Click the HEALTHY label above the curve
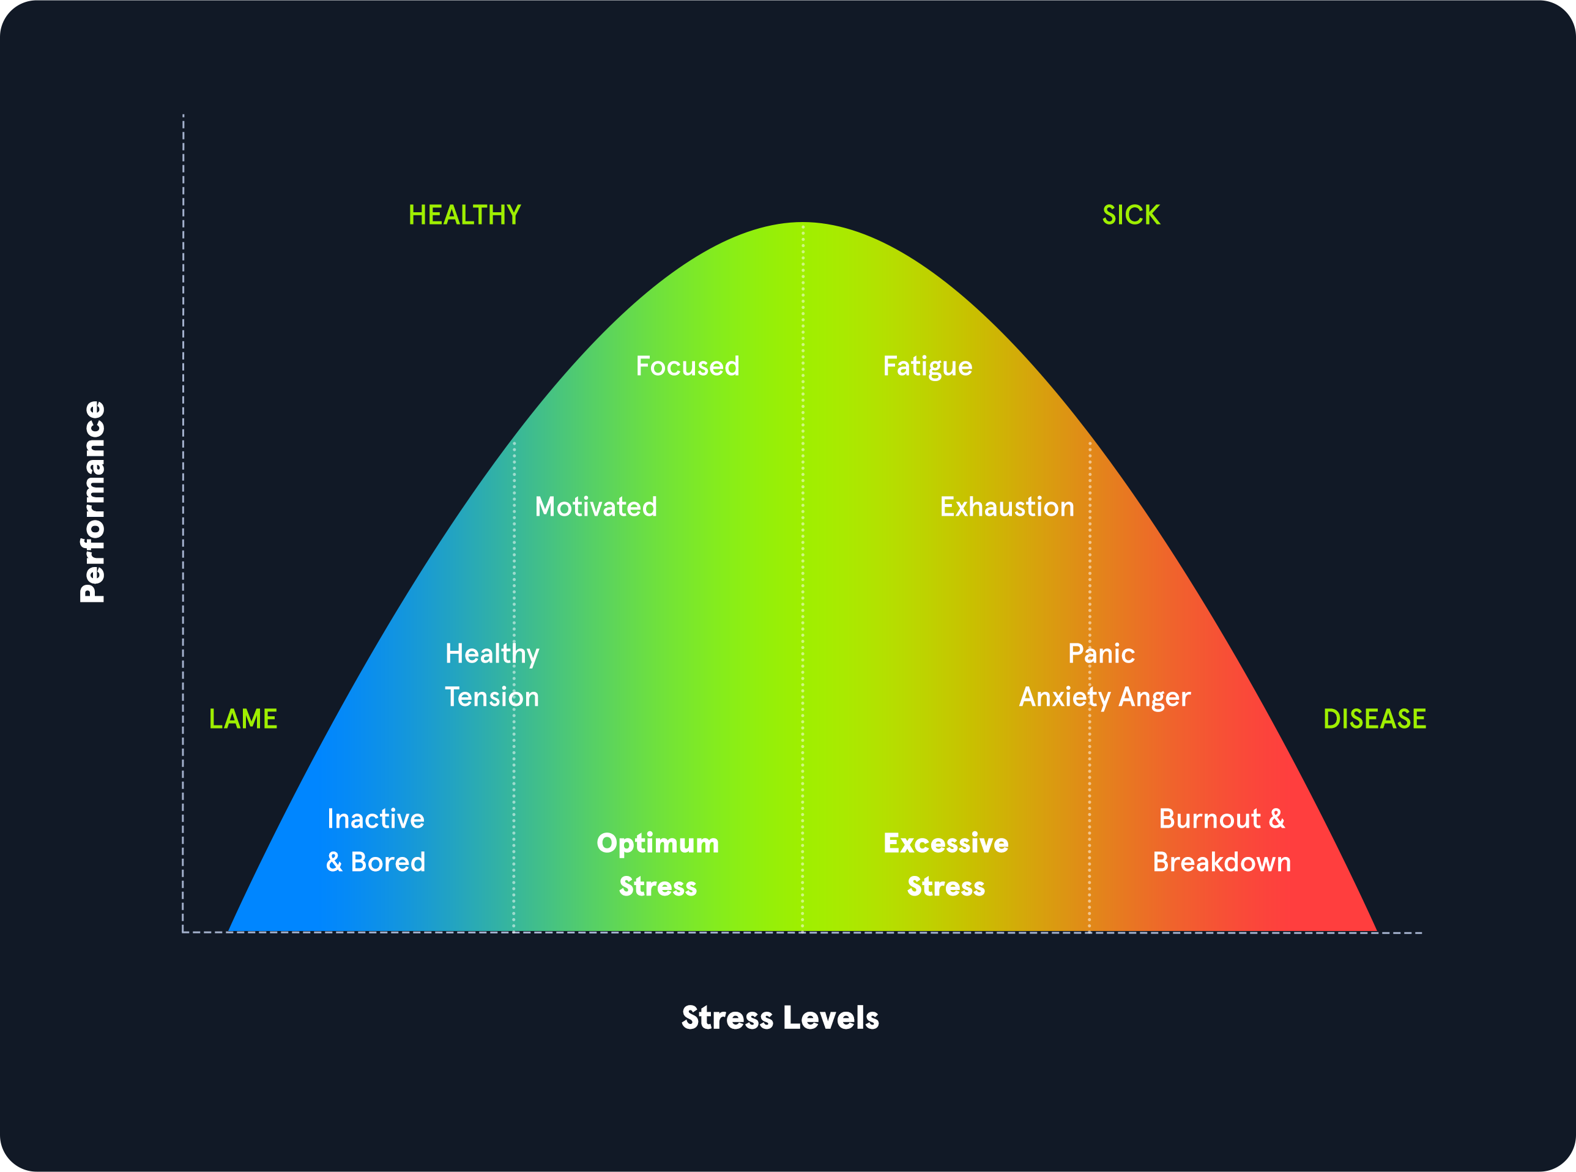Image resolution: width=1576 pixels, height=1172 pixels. tap(465, 215)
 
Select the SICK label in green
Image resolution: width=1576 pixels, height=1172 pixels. tap(1131, 215)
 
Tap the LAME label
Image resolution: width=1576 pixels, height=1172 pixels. tap(243, 719)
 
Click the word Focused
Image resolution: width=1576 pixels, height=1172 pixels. tap(687, 366)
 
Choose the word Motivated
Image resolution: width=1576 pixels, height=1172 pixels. tap(595, 506)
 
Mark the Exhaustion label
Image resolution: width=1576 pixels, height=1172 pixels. tap(1007, 506)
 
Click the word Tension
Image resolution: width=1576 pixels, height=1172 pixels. tap(492, 697)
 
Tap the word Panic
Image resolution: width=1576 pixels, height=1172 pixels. tap(1101, 653)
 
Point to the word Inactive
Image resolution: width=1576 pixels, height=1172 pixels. tap(376, 818)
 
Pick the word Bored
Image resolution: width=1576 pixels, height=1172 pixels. tap(388, 862)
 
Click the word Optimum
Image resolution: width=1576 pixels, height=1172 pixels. tap(658, 844)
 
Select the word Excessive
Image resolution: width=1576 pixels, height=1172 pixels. tap(946, 843)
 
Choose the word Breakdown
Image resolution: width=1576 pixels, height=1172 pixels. tap(1221, 862)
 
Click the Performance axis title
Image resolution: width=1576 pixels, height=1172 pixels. tap(93, 502)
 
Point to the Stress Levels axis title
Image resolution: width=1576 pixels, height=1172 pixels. tap(780, 1017)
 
